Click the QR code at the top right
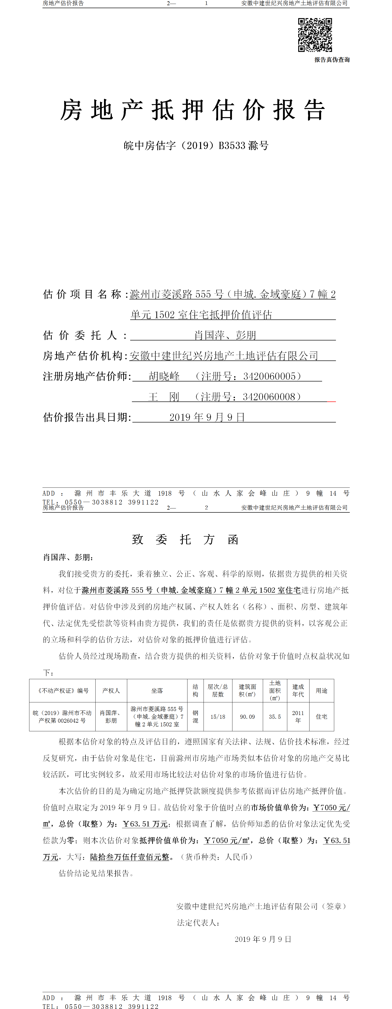tap(315, 35)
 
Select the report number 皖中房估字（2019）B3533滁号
tap(196, 146)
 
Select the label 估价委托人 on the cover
tap(80, 335)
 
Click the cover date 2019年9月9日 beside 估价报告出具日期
tap(207, 417)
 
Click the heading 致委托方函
tap(185, 539)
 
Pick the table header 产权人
tap(111, 691)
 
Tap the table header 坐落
tap(157, 691)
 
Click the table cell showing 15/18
tap(218, 716)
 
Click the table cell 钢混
tap(195, 716)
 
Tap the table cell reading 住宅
tap(322, 716)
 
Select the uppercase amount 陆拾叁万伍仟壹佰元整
tap(130, 857)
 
